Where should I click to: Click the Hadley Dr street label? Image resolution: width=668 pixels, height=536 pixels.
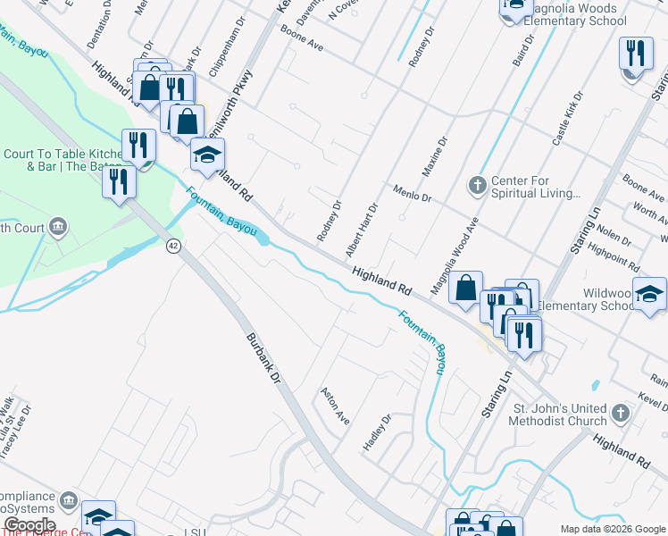click(x=376, y=431)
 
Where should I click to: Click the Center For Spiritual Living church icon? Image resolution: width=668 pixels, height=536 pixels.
click(x=477, y=185)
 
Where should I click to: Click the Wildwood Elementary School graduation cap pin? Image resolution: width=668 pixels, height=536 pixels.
click(x=649, y=293)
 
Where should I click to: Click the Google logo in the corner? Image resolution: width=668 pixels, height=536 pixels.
click(x=29, y=525)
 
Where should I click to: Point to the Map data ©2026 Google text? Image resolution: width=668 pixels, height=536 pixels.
click(x=612, y=529)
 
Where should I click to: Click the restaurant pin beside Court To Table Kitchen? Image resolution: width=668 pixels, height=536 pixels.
click(x=138, y=147)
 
